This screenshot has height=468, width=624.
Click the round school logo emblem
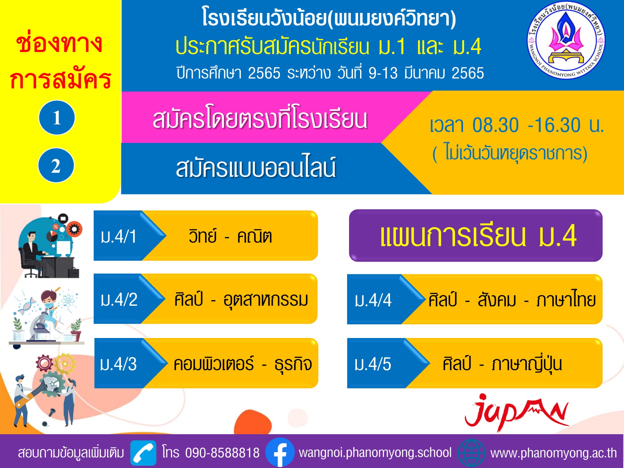click(x=566, y=41)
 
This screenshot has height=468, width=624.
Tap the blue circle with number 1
click(x=57, y=117)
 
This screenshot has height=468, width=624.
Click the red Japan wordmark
click(x=517, y=412)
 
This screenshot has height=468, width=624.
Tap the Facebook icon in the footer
click(x=280, y=452)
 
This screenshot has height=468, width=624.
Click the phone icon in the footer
click(x=143, y=453)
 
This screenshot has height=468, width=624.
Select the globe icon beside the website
click(x=471, y=453)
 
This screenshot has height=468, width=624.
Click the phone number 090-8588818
click(x=222, y=453)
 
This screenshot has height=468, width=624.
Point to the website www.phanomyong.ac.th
click(x=553, y=453)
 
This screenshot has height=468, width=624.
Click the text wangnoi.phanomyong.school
click(x=375, y=453)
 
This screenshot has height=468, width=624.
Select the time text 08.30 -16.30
click(x=526, y=125)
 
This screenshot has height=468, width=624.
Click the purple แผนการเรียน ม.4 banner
click(x=475, y=236)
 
